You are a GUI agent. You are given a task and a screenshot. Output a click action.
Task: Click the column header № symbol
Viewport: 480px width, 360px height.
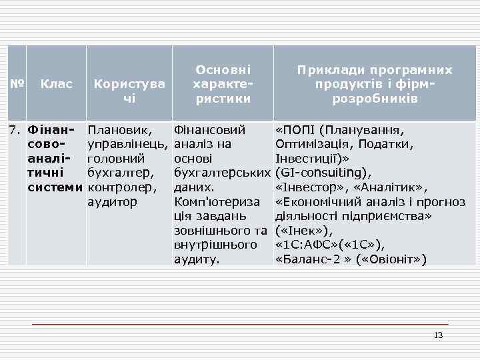coord(17,85)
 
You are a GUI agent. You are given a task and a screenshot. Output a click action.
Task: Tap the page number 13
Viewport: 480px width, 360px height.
coord(438,335)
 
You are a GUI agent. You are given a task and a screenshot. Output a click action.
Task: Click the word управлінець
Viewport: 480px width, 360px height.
coord(127,144)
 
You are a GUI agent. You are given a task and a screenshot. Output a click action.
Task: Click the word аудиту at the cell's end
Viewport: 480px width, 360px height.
coord(196,259)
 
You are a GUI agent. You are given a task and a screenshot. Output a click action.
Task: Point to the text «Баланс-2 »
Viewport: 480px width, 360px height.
coord(309,259)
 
